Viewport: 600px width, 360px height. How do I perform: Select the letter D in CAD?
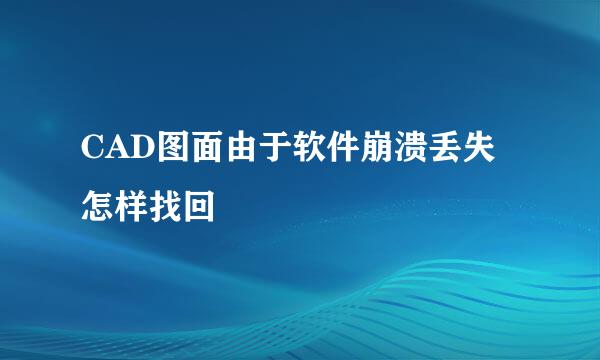[143, 147]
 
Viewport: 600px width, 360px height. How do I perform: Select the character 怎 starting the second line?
[97, 207]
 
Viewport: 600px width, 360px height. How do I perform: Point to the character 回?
[199, 207]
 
